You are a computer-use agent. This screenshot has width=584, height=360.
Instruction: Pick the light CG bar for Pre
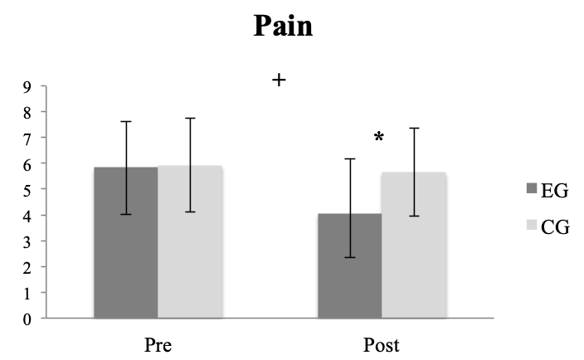pyautogui.click(x=190, y=241)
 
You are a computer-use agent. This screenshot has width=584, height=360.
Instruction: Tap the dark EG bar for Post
pyautogui.click(x=349, y=265)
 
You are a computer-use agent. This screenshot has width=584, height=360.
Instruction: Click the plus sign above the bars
pyautogui.click(x=279, y=80)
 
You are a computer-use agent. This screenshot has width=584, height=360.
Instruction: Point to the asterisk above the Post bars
pyautogui.click(x=379, y=139)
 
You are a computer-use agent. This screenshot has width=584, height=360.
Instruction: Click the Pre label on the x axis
pyautogui.click(x=158, y=343)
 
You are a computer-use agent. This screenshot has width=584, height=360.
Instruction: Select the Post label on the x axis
pyautogui.click(x=381, y=343)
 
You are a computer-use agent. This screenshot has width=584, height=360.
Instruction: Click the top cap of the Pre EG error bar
pyautogui.click(x=126, y=121)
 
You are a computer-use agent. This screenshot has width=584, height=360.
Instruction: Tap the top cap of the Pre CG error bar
pyautogui.click(x=190, y=118)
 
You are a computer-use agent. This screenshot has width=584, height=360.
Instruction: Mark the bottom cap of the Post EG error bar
pyautogui.click(x=349, y=257)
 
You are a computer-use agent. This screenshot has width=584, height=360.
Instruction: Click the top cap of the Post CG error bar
pyautogui.click(x=413, y=128)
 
